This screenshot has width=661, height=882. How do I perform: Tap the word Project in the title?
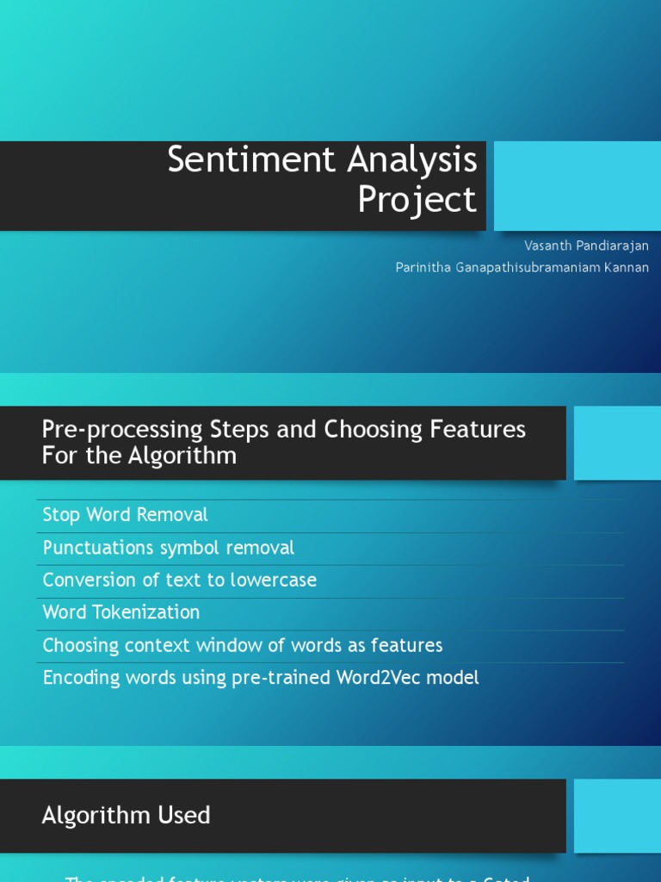point(417,200)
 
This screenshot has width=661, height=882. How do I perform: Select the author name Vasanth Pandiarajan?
point(586,245)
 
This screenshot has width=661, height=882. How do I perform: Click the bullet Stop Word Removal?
point(126,515)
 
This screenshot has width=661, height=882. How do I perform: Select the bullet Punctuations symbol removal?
point(169,548)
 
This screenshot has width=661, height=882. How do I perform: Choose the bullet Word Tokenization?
point(121,612)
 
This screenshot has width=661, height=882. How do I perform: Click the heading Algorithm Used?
point(126,816)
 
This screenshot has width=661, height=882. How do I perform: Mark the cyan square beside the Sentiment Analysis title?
point(578,186)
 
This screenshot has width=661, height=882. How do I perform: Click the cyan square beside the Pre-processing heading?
point(617,444)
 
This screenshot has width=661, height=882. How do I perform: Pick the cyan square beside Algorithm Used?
point(617,816)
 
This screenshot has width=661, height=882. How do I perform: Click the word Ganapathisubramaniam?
point(528,268)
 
